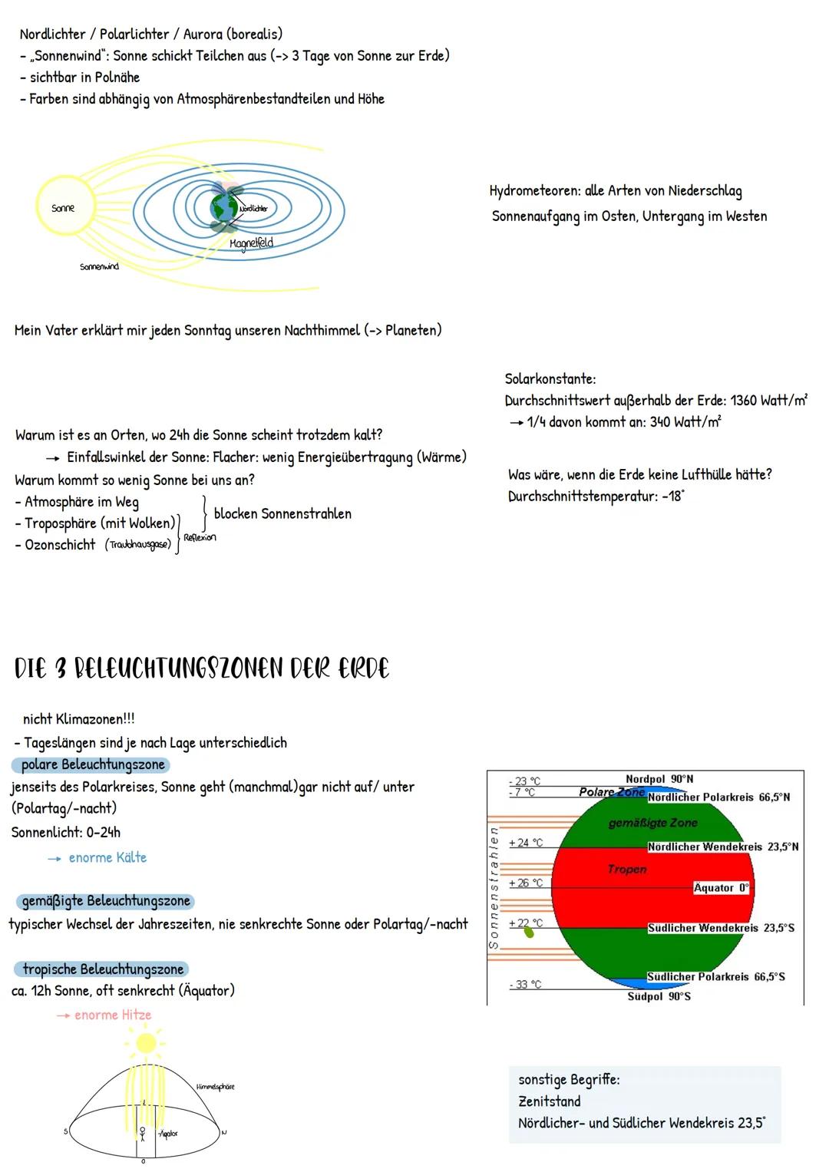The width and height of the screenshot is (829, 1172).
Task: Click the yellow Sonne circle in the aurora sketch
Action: coord(62,208)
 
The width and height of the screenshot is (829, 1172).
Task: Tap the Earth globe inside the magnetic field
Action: coord(225,206)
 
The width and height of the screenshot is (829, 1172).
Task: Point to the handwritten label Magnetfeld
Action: coord(251,243)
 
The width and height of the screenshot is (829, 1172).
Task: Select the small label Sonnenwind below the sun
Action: coord(99,267)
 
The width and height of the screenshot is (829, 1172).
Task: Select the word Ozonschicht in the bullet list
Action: coord(60,545)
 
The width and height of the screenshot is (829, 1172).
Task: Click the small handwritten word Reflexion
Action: coord(200,537)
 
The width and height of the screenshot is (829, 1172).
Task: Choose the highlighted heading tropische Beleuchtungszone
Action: coord(102,969)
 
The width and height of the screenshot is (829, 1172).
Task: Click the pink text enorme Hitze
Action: coord(113,1015)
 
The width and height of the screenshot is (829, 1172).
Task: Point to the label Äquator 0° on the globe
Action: coord(721,888)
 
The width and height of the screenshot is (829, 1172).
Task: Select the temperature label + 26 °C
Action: coord(526,883)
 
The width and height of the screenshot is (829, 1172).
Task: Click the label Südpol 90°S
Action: coord(659,996)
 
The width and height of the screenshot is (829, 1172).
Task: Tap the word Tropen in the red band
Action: coord(627,870)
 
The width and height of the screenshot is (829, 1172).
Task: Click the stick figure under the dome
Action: coord(142,1133)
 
